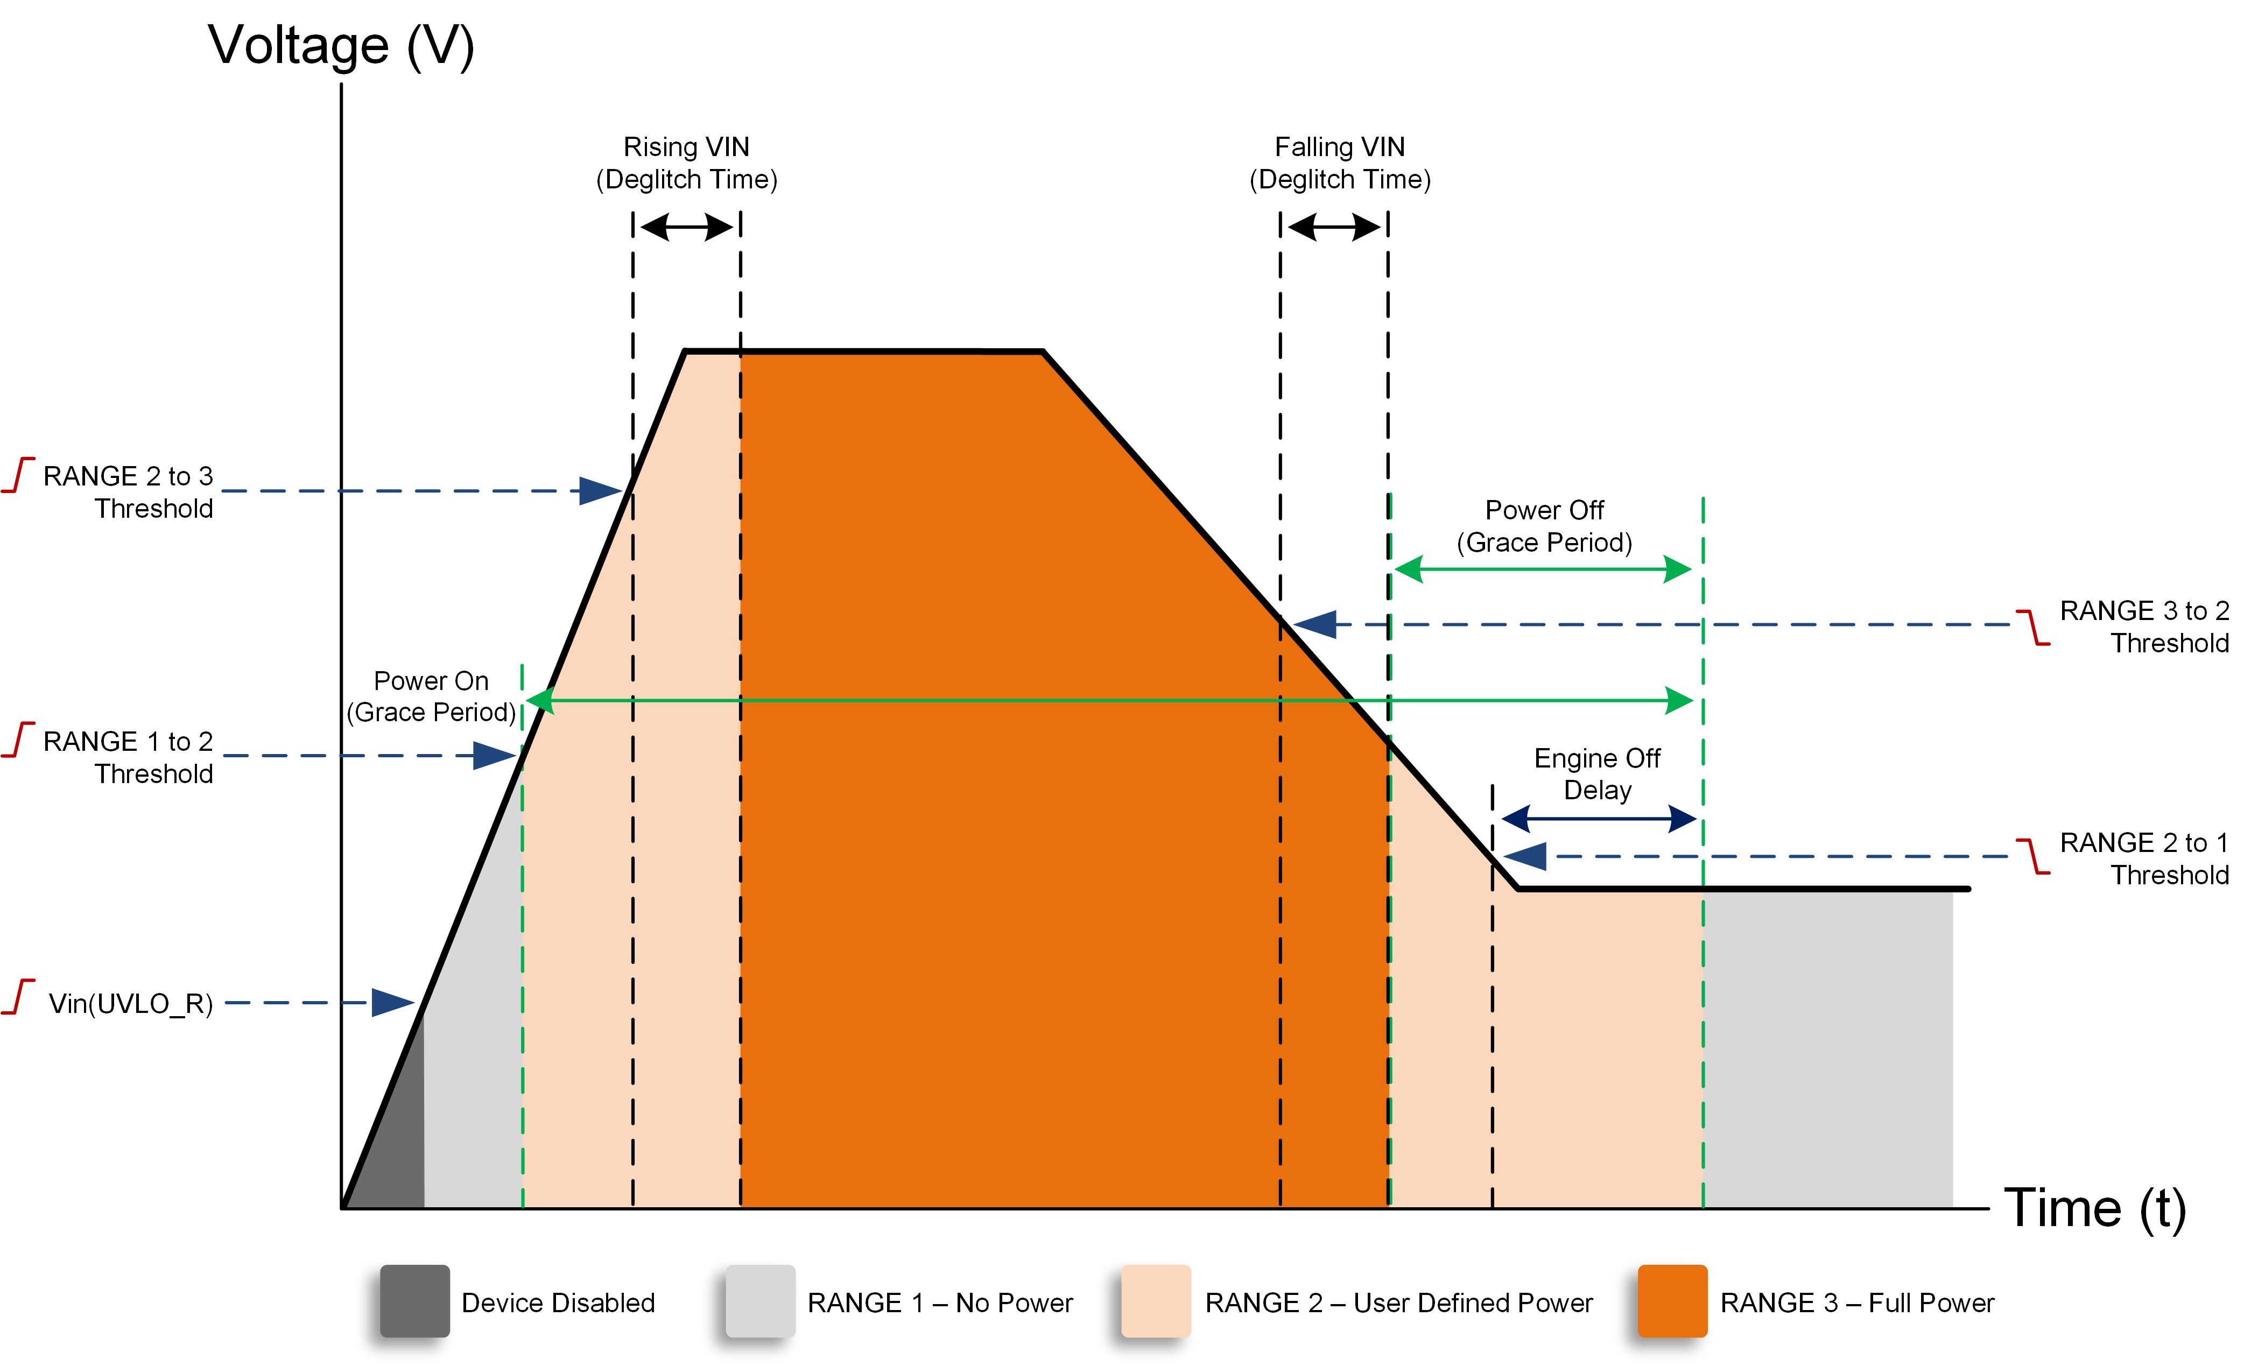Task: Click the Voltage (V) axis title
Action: (x=341, y=46)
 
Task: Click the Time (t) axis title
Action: (x=2095, y=1209)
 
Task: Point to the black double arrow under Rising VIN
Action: (x=687, y=226)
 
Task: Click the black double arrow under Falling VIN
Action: (x=1334, y=226)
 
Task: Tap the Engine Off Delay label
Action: (x=1598, y=774)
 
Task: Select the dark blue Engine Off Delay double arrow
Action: (x=1598, y=819)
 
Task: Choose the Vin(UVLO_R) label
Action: (x=130, y=1004)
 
